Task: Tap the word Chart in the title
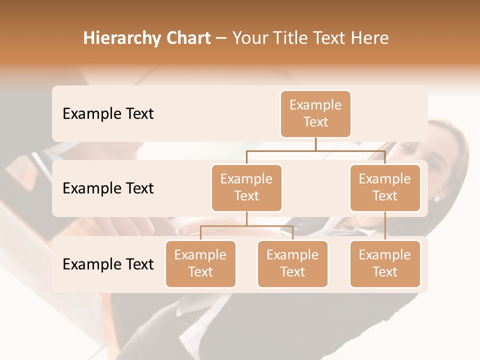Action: coord(188,38)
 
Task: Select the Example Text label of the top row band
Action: coord(108,114)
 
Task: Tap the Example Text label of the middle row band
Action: coord(108,188)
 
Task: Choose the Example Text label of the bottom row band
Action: coord(108,264)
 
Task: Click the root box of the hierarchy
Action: coord(315,114)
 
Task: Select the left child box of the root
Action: coord(246,188)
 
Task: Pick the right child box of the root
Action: coord(385,188)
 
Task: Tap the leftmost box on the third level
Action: coord(200,264)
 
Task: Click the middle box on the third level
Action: coord(292,264)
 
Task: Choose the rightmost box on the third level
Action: coord(385,264)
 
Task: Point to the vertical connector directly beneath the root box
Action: coord(315,144)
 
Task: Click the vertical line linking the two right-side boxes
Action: coord(385,226)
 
